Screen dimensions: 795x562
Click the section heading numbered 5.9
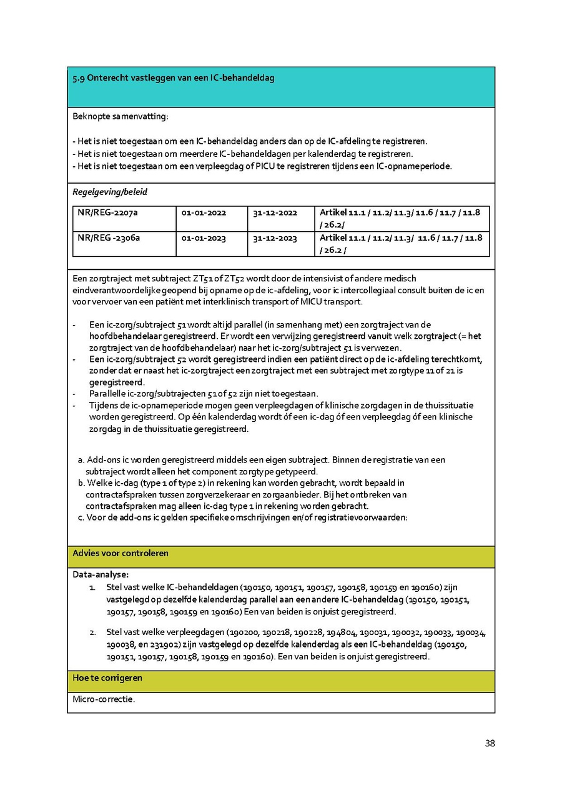click(173, 78)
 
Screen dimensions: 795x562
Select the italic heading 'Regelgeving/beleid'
click(110, 192)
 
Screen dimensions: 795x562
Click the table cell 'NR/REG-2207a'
click(107, 212)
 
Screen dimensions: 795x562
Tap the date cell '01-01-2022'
click(204, 212)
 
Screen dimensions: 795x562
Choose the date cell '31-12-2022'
click(275, 212)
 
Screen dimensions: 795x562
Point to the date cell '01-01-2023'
click(204, 238)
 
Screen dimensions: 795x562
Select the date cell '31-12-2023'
click(275, 238)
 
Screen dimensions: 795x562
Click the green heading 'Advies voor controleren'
click(121, 553)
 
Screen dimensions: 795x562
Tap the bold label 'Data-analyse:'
click(101, 574)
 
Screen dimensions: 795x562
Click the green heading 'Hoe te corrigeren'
click(107, 677)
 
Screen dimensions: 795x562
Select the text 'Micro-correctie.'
click(104, 699)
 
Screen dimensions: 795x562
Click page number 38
click(490, 743)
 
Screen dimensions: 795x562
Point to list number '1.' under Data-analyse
click(92, 587)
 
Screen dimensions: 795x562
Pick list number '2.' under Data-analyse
click(92, 632)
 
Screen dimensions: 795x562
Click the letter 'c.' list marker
click(81, 517)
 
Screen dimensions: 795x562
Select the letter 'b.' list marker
click(81, 483)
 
